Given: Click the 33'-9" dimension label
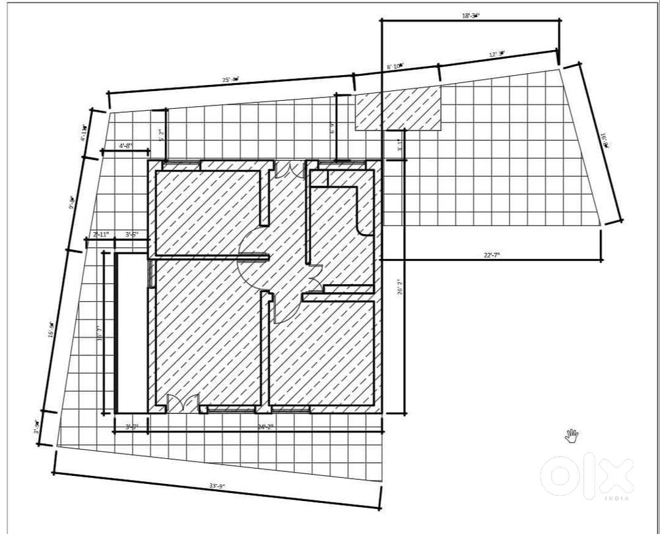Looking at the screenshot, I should [x=217, y=486].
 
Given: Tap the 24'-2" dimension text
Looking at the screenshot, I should [x=265, y=427].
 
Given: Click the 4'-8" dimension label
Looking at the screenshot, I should [x=126, y=145].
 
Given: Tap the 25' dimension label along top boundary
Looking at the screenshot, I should [x=230, y=80].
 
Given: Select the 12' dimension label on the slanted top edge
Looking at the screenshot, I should [x=496, y=53].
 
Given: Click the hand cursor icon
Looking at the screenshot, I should [x=571, y=434].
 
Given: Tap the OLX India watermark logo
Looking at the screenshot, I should [x=587, y=475].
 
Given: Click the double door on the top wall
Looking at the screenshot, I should [x=286, y=169].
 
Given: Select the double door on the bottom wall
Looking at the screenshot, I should [x=181, y=403].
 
